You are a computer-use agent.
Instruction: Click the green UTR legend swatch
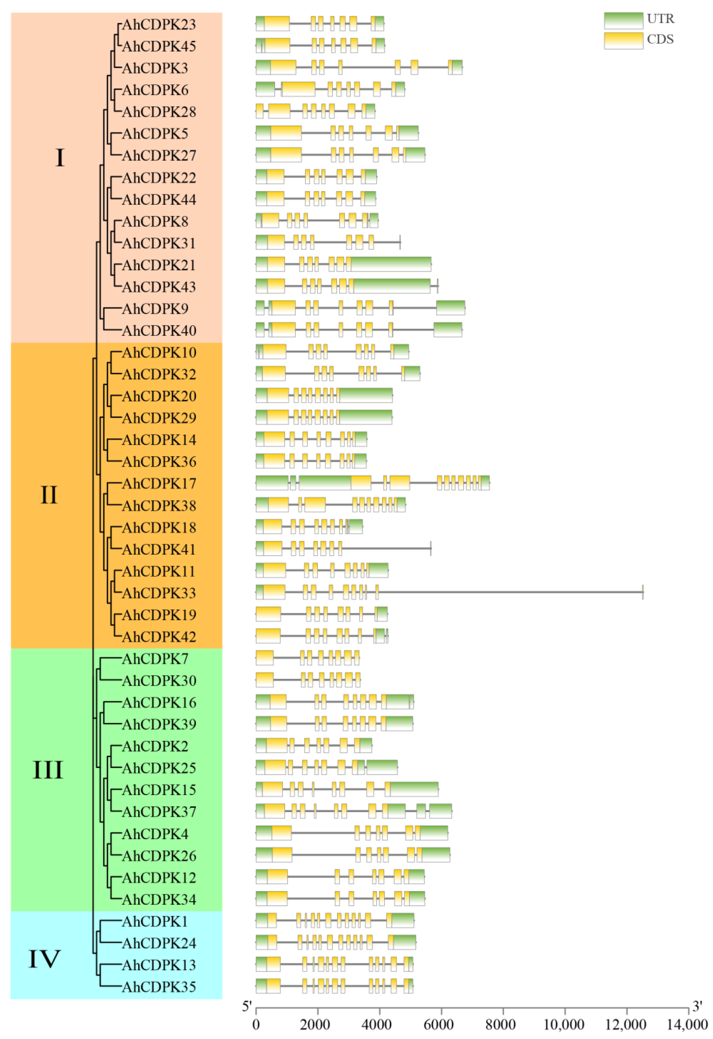pos(623,20)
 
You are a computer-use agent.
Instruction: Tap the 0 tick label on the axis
pos(256,1024)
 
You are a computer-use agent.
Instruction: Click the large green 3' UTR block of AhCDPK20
pos(365,395)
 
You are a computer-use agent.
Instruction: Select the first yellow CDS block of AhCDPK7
pos(264,658)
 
